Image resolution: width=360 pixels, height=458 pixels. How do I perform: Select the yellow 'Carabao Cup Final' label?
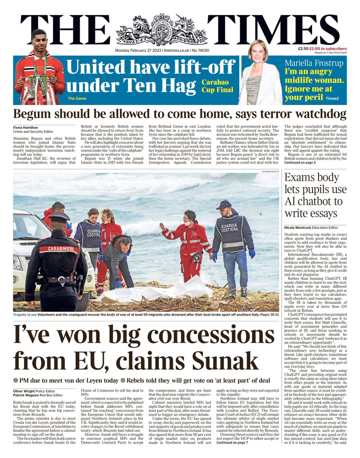(217, 86)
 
